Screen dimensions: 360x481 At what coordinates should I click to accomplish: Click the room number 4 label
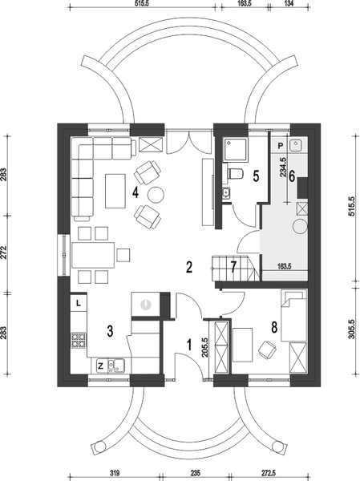[x=136, y=193]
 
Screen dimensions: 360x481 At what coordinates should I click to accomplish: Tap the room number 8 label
[x=274, y=327]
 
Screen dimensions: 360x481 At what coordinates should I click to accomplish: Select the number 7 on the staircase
[x=233, y=267]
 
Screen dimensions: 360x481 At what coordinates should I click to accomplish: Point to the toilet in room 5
[x=235, y=174]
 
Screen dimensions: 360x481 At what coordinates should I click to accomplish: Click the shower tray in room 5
[x=236, y=149]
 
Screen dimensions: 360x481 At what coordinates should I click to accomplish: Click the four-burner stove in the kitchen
[x=79, y=341]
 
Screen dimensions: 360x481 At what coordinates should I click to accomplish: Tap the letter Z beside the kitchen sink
[x=100, y=366]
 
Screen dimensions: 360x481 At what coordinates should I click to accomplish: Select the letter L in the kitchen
[x=79, y=303]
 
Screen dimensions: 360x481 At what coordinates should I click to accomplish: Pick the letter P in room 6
[x=280, y=146]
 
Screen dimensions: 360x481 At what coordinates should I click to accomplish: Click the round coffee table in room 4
[x=156, y=195]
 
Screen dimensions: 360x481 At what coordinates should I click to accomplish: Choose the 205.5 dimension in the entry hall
[x=205, y=348]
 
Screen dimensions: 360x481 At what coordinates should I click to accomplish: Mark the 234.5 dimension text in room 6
[x=283, y=168]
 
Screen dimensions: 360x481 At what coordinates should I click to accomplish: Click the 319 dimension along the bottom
[x=115, y=473]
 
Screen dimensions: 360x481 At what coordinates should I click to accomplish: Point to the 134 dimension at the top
[x=289, y=3]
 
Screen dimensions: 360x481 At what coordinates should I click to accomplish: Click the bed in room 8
[x=294, y=316]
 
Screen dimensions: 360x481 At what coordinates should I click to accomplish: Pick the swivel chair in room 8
[x=267, y=350]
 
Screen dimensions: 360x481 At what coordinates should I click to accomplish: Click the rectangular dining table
[x=93, y=255]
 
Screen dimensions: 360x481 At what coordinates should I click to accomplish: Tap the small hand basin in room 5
[x=227, y=192]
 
